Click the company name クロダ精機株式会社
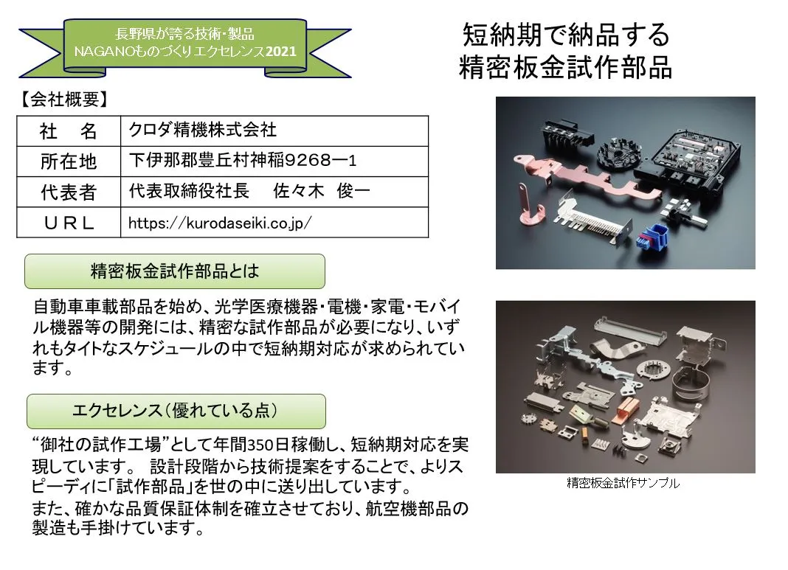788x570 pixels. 202,131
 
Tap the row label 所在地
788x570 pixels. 69,161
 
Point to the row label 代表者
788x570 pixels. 69,192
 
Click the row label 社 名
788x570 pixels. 69,131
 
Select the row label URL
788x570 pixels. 69,223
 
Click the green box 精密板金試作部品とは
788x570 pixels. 175,271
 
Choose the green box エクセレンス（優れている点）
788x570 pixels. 176,410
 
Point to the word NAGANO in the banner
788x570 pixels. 102,52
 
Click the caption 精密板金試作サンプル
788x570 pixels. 623,484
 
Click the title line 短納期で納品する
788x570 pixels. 566,35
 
